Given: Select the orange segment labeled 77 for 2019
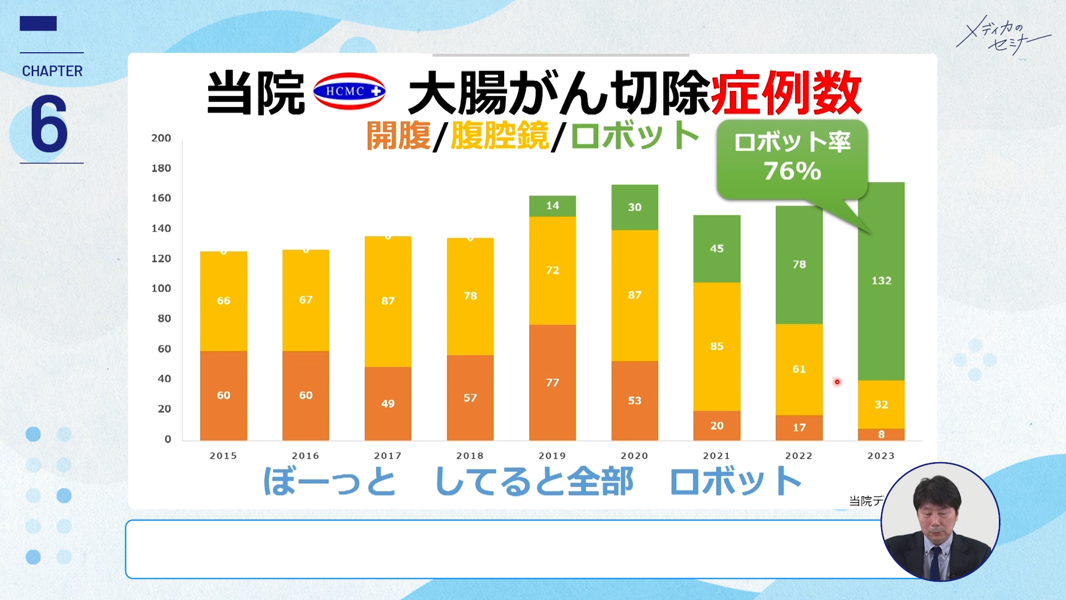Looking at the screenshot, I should [552, 382].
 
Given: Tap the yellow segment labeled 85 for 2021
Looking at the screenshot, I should [716, 346].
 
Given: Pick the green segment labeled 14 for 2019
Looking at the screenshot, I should [552, 206].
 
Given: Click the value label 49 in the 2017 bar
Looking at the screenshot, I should [388, 404].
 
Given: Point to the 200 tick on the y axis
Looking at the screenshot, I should [161, 138].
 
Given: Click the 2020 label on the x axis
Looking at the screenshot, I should [634, 456].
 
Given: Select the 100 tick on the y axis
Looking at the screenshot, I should [161, 288].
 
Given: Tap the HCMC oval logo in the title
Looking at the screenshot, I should [349, 92].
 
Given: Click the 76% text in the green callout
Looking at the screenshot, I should [792, 171].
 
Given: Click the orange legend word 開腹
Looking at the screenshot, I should [398, 136].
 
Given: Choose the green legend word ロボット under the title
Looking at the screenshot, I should [635, 136].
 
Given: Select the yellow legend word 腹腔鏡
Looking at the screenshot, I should [499, 136].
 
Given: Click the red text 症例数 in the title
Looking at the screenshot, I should [786, 93].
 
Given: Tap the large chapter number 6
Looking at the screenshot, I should [49, 123].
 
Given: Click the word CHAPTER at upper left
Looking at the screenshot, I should [52, 71].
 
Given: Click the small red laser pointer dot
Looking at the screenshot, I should [837, 382].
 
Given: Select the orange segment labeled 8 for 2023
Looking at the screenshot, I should [881, 434].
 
